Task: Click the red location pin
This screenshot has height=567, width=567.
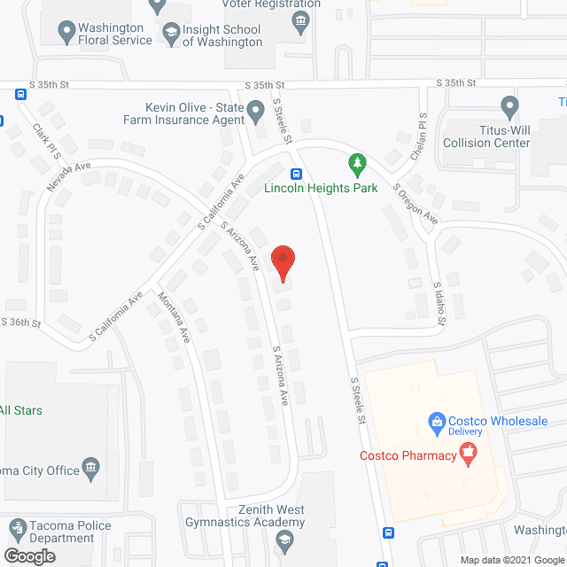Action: click(x=283, y=260)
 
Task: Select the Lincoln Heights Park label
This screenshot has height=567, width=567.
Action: click(x=321, y=188)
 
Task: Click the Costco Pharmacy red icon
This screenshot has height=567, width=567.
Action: click(x=468, y=456)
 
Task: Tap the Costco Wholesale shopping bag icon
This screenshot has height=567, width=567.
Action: click(x=436, y=422)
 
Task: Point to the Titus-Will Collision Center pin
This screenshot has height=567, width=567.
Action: click(x=509, y=108)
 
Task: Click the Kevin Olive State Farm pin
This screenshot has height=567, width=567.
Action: click(x=256, y=112)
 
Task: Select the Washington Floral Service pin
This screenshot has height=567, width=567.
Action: click(x=66, y=34)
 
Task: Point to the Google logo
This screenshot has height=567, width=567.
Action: click(x=28, y=555)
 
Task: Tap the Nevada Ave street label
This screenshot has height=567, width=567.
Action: click(x=70, y=175)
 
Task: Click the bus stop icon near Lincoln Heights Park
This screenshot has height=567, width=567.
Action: click(x=296, y=174)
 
